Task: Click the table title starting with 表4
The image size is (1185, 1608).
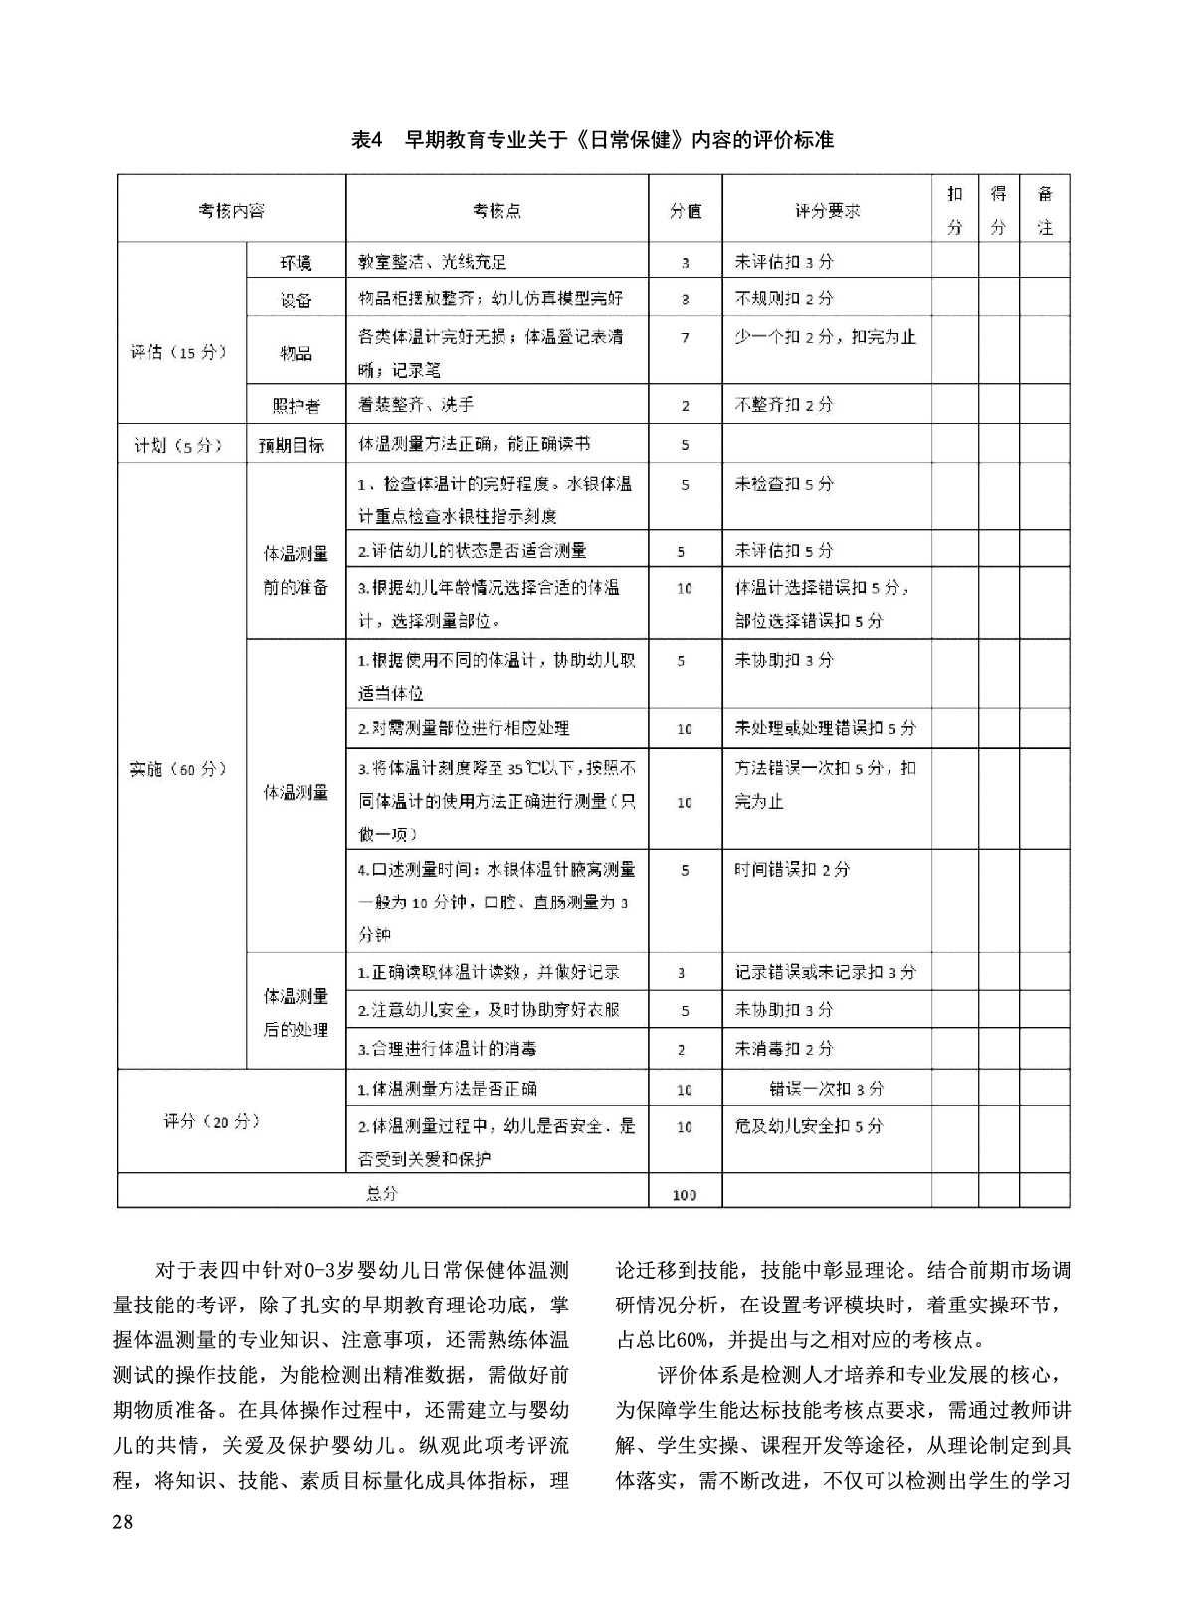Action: [x=592, y=140]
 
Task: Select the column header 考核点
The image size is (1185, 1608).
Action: [x=496, y=211]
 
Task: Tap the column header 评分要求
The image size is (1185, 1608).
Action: [x=827, y=211]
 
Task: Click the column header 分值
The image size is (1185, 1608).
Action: [x=685, y=211]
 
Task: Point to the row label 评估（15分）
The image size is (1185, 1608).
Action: [x=180, y=352]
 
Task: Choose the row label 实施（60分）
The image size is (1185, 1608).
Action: [x=180, y=769]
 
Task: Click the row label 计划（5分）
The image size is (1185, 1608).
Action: [x=180, y=445]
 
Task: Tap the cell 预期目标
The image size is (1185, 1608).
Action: [x=294, y=445]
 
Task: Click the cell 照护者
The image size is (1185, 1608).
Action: [x=296, y=405]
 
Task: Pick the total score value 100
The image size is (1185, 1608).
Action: [x=685, y=1194]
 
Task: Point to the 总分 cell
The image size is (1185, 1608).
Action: [x=382, y=1193]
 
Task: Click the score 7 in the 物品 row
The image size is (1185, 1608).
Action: [x=685, y=338]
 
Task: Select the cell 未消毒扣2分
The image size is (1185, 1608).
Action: [x=784, y=1049]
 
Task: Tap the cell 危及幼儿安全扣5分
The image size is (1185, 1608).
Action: [x=808, y=1126]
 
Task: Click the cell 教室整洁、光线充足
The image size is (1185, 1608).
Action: [x=433, y=262]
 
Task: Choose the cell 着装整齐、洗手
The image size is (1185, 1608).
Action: [x=416, y=405]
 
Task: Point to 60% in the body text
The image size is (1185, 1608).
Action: [x=704, y=1339]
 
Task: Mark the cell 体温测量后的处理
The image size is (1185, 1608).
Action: [x=296, y=1012]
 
